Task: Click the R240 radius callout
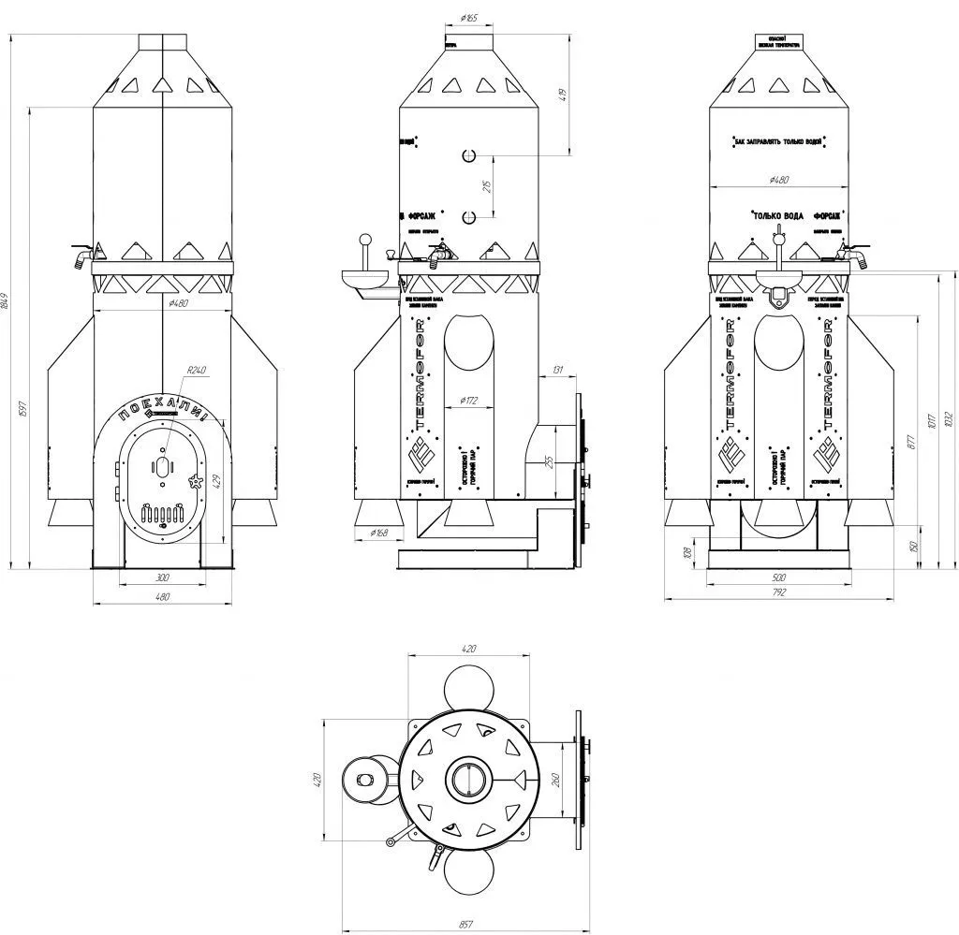pos(196,372)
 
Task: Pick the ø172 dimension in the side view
pos(469,401)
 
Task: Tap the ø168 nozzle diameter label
pos(379,533)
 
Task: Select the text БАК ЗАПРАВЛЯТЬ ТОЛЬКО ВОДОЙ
pos(778,141)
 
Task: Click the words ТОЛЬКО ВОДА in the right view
pos(777,215)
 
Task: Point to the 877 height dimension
pos(911,443)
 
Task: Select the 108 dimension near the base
pos(689,554)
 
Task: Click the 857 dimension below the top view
pos(465,924)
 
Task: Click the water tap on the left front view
pos(82,254)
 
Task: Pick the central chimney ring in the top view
pos(466,779)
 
